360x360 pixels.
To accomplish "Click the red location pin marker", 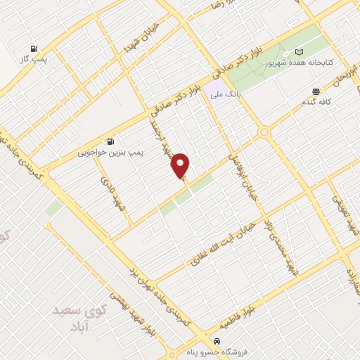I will [x=181, y=165].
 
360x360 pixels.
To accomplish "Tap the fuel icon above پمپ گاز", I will [x=33, y=49].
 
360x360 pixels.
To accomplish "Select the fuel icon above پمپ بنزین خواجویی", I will [x=110, y=141].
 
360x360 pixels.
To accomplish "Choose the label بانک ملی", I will [x=228, y=92].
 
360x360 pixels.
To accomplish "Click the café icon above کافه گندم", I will [x=316, y=91].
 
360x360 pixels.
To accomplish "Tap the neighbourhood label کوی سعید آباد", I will [x=77, y=316].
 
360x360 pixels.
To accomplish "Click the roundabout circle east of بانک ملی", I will [x=264, y=131].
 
